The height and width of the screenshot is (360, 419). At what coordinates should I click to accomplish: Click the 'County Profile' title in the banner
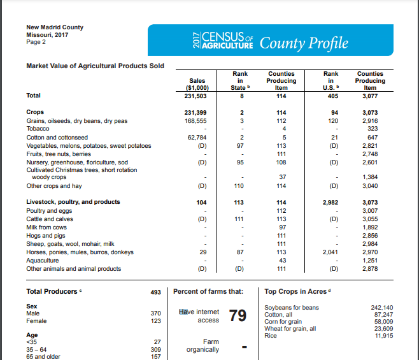pos(304,43)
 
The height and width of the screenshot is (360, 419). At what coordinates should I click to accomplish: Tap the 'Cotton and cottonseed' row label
pos(57,136)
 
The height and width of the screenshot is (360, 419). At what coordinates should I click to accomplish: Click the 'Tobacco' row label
pos(38,128)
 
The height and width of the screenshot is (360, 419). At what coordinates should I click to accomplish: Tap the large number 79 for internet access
pos(238,317)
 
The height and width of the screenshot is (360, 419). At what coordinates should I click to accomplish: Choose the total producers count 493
pos(155,292)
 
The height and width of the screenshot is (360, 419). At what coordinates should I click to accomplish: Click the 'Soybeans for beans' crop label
pos(291,308)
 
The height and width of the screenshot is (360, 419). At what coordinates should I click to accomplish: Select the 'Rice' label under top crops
pos(271,336)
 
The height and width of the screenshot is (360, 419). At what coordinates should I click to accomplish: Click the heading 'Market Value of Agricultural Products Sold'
pos(95,66)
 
